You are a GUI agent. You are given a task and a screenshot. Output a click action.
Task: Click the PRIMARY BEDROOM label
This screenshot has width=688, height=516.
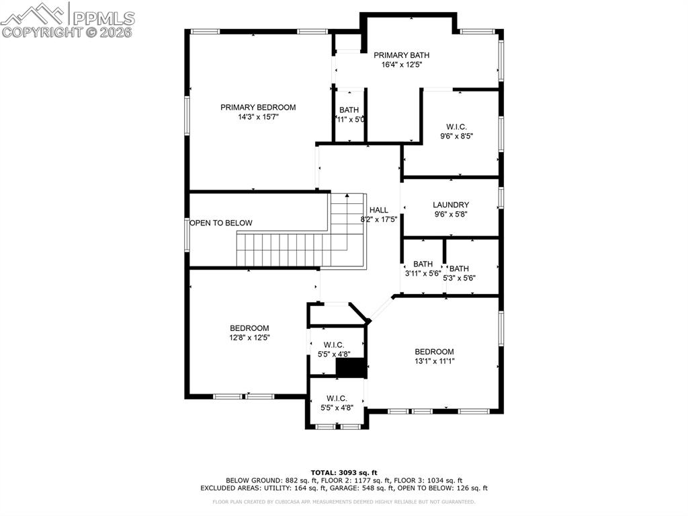click(x=258, y=107)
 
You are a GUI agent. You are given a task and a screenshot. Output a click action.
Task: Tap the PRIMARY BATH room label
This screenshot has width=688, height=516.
click(x=401, y=55)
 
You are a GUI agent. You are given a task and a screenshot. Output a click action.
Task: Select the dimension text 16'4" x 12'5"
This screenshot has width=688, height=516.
click(x=401, y=65)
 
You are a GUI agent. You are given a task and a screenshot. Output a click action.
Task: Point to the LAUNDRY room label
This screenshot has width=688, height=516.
click(x=451, y=205)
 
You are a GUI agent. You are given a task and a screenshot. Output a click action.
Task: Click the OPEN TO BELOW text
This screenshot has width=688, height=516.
click(x=221, y=223)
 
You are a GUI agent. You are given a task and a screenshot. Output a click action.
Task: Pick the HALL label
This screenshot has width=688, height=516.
click(x=378, y=210)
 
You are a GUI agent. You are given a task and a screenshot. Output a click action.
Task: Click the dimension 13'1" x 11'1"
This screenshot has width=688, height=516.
click(x=434, y=361)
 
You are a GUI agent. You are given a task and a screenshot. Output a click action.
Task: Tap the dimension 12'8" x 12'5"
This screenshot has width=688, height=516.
click(x=249, y=338)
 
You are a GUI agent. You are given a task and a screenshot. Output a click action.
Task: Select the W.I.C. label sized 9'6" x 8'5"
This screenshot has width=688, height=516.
click(x=456, y=126)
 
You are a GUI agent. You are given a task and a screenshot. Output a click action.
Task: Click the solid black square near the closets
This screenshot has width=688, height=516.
click(x=349, y=368)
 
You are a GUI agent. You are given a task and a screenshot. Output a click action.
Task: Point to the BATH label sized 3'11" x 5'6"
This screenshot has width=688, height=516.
click(x=423, y=264)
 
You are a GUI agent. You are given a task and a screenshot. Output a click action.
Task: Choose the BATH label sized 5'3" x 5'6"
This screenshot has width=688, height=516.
click(x=460, y=268)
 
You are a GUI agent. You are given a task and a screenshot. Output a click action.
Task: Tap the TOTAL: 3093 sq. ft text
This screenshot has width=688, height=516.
click(x=344, y=472)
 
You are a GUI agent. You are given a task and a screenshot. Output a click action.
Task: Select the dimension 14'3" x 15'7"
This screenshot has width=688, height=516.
click(x=258, y=117)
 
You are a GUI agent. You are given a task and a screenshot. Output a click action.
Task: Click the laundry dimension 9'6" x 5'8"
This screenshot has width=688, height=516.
click(x=451, y=215)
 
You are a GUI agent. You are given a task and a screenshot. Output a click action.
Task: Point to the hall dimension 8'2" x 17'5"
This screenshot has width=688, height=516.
click(x=379, y=219)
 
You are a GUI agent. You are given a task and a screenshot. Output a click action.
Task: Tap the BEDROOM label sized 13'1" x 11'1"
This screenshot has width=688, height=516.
click(x=434, y=352)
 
